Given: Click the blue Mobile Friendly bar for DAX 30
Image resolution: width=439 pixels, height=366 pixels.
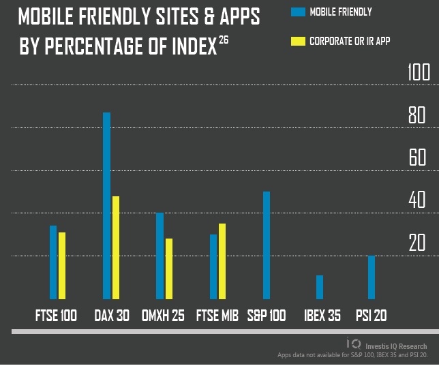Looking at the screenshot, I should [x=106, y=205].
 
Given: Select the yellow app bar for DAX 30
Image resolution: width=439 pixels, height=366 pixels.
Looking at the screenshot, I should [x=116, y=247].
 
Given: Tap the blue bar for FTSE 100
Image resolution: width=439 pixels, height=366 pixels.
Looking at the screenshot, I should [x=53, y=262].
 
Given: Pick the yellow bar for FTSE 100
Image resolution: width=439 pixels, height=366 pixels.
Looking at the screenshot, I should [x=62, y=265].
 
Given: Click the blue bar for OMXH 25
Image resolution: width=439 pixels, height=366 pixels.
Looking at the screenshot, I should [x=160, y=256].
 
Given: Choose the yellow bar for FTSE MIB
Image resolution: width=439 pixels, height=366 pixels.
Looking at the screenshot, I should [x=222, y=261].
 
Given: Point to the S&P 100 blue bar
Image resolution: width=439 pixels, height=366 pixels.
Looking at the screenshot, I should [x=267, y=245].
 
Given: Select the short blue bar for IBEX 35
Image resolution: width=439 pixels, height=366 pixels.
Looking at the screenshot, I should [x=320, y=287].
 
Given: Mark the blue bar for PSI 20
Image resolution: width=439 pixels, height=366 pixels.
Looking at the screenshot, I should [x=372, y=277].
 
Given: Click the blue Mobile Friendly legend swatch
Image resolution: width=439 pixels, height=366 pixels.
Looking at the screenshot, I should [x=298, y=12].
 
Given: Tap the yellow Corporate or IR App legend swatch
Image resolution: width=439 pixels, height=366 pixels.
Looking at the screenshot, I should [x=298, y=41].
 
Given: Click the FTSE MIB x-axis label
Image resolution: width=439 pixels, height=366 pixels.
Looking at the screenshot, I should [x=217, y=316].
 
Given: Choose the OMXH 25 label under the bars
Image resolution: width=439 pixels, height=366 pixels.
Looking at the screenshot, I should [x=162, y=316].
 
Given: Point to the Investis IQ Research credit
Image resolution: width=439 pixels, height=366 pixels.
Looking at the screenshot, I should [x=395, y=346].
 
